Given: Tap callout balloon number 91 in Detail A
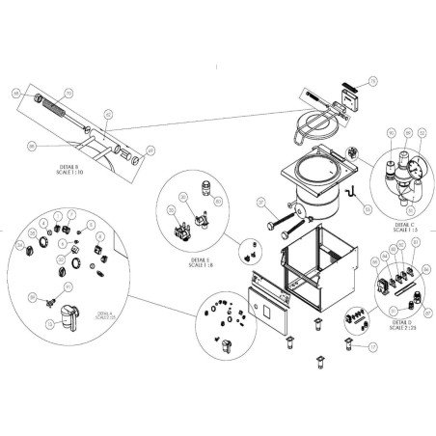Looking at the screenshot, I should tap(68, 287).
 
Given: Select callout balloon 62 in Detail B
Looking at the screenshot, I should tap(109, 115).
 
